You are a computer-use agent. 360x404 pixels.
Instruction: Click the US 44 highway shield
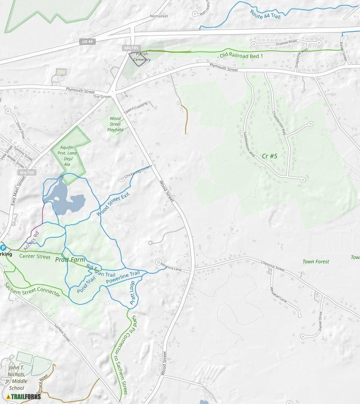[x=86, y=41]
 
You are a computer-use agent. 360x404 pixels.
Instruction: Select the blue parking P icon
[x=3, y=247]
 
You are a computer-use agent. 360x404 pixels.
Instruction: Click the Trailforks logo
[x=24, y=396]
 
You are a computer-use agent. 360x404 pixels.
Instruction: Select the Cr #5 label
[x=269, y=156]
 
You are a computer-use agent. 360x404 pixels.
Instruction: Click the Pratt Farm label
[x=70, y=259]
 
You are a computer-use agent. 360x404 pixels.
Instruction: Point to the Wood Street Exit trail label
[x=113, y=204]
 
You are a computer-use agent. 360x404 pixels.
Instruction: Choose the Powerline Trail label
[x=123, y=278]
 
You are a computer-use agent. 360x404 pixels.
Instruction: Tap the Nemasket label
[x=159, y=16]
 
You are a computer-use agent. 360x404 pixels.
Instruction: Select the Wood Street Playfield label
[x=115, y=124]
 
